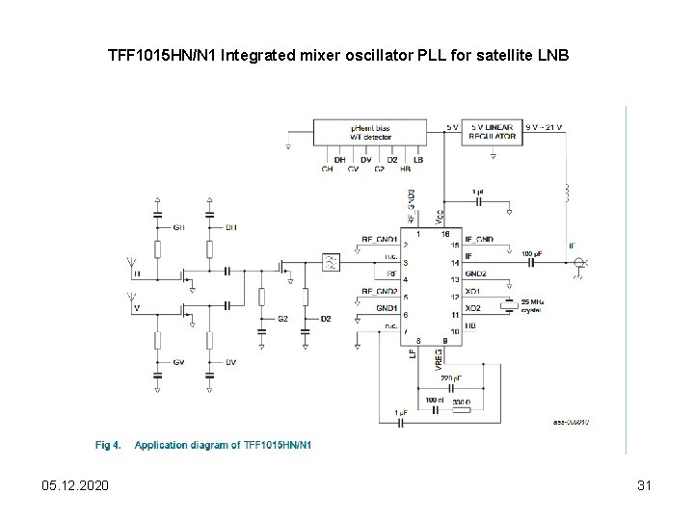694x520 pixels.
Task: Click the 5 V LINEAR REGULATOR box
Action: [x=493, y=132]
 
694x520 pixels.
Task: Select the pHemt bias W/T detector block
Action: [x=370, y=132]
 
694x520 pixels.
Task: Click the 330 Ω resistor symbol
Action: [x=462, y=409]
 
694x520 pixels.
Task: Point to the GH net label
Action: [x=179, y=227]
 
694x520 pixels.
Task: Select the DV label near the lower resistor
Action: [x=230, y=362]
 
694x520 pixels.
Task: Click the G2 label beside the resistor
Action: [x=282, y=319]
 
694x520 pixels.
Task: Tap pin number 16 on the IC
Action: [x=445, y=233]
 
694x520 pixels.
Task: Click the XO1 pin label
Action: [x=472, y=290]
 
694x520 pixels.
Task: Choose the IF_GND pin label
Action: [x=479, y=238]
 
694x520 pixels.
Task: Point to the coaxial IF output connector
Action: [x=579, y=263]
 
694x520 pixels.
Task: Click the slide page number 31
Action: [x=645, y=486]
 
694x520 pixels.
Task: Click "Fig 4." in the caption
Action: [x=107, y=445]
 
